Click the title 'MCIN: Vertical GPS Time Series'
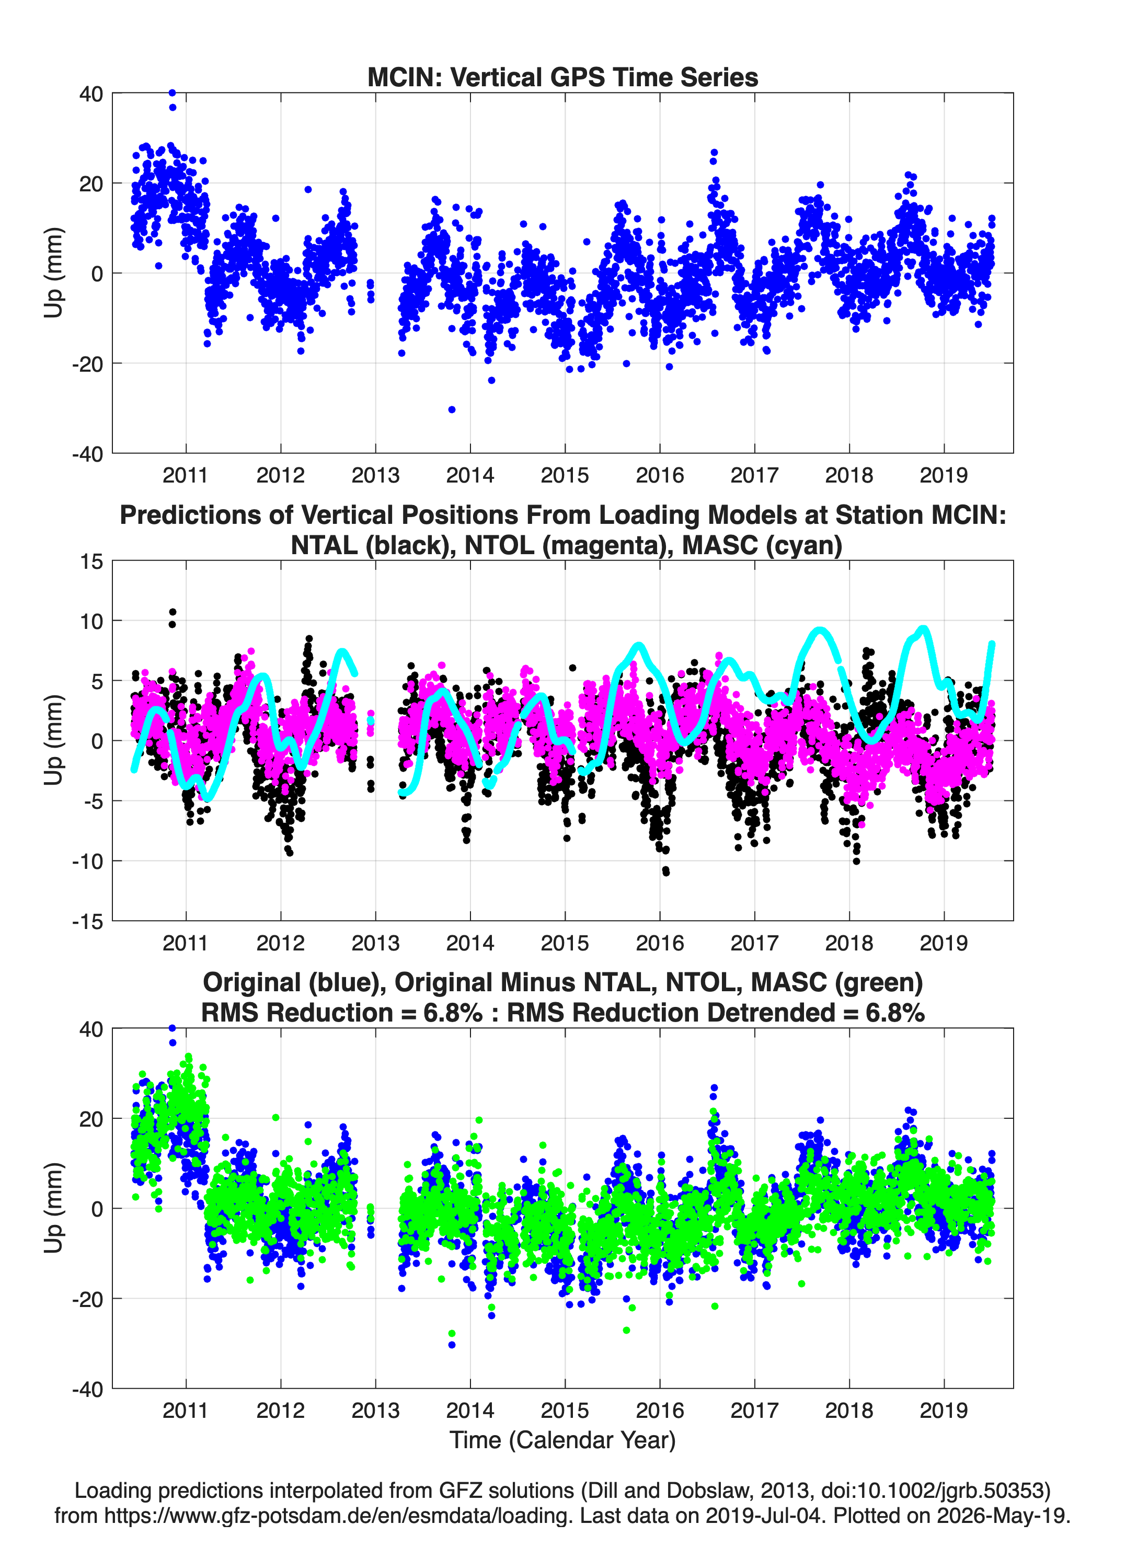562,77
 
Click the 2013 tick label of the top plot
375,475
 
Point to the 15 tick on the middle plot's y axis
91,561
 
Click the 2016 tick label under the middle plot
660,943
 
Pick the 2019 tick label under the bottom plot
944,1411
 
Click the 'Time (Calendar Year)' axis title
562,1440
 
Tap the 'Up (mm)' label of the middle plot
54,740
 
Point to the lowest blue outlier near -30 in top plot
452,410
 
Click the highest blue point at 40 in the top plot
173,93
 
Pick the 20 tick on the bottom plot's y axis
91,1118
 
